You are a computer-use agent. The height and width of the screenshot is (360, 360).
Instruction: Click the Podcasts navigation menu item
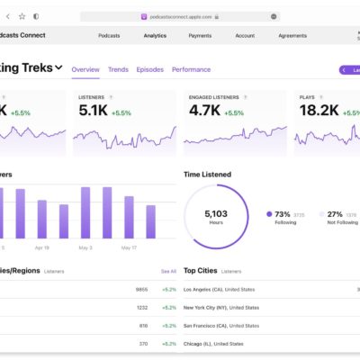(111, 36)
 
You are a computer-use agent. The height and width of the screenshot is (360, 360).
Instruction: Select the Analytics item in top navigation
(155, 36)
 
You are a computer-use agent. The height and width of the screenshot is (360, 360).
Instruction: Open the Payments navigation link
(201, 36)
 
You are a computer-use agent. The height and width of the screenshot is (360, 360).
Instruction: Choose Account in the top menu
(245, 36)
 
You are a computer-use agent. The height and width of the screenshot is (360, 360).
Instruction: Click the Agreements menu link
(292, 36)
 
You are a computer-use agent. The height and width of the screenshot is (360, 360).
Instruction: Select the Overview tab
(85, 69)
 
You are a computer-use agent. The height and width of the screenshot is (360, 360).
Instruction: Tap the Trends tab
(118, 69)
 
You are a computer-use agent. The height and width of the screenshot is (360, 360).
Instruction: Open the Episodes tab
(150, 69)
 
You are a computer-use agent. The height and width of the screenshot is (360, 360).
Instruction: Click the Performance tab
(191, 69)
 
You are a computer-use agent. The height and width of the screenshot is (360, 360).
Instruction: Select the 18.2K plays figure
(318, 112)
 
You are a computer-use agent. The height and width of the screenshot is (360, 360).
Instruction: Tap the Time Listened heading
(207, 174)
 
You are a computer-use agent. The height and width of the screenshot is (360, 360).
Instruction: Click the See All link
(168, 270)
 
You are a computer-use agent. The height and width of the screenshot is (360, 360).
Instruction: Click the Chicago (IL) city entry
(213, 343)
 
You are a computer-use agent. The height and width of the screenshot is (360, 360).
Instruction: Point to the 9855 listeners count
(140, 290)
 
